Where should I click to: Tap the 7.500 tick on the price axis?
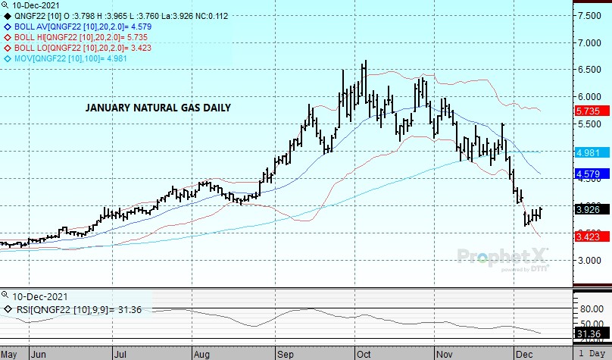coord(592,15)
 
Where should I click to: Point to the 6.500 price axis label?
coord(592,70)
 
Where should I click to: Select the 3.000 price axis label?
coord(592,260)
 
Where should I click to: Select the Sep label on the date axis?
coord(286,353)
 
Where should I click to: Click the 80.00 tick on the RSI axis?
coord(592,308)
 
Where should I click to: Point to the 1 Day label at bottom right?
coord(592,353)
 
